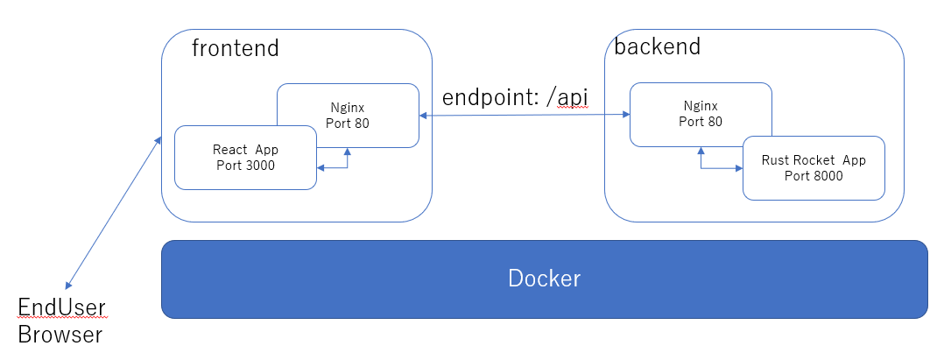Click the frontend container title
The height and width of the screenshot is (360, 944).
(x=235, y=48)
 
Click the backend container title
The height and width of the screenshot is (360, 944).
(x=657, y=46)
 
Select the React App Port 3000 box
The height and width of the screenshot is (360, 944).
(x=245, y=158)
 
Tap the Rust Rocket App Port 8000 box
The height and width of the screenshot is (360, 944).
(x=813, y=167)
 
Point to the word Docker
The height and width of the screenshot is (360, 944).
(x=544, y=279)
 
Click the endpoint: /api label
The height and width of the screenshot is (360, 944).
(x=514, y=97)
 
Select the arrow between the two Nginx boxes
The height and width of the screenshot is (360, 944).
(x=524, y=115)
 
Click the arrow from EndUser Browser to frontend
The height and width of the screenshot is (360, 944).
(x=114, y=212)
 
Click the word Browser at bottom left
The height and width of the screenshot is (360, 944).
(x=60, y=334)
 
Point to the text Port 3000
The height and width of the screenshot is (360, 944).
(x=245, y=166)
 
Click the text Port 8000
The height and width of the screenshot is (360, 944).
(x=813, y=175)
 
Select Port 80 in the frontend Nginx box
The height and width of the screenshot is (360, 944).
(x=348, y=123)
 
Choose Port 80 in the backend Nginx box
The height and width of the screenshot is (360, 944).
(x=701, y=121)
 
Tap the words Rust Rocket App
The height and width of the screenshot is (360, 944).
(x=813, y=159)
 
